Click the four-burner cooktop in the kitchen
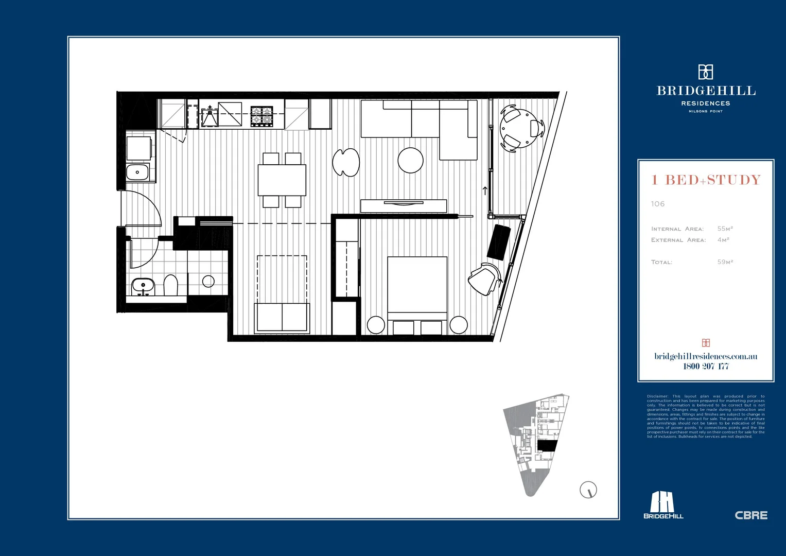261,116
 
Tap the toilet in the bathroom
170,285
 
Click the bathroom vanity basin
143,285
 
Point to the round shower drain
208,281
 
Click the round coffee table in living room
410,160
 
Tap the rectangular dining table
282,180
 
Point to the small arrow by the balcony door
485,191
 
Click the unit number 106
658,204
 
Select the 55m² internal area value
725,229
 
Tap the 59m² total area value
725,262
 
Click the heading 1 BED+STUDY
706,180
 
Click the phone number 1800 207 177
706,367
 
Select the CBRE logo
750,515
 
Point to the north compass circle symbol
588,490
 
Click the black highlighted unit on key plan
547,446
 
